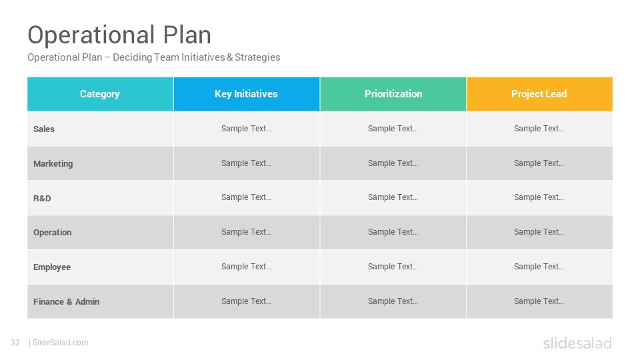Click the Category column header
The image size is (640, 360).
[x=100, y=94]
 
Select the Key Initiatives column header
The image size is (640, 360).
[x=247, y=94]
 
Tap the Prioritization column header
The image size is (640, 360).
[x=393, y=94]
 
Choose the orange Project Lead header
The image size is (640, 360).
[x=539, y=94]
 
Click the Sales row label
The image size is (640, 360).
[x=44, y=129]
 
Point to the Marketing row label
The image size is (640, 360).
[x=53, y=164]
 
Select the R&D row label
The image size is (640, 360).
[x=42, y=199]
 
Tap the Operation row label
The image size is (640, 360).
[x=52, y=233]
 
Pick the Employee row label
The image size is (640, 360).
[x=52, y=267]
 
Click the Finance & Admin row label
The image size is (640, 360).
[x=66, y=301]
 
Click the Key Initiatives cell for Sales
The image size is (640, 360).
[x=247, y=129]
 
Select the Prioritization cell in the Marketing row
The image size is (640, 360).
[x=393, y=163]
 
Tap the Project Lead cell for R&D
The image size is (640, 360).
[x=539, y=197]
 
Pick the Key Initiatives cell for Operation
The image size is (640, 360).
[x=247, y=232]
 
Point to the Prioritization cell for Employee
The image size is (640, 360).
[x=393, y=267]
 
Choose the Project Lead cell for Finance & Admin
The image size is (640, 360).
[x=539, y=301]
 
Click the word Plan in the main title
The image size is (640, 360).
[x=187, y=35]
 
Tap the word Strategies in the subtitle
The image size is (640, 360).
[x=257, y=57]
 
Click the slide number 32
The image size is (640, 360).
[x=15, y=343]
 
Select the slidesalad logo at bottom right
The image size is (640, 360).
[x=577, y=343]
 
